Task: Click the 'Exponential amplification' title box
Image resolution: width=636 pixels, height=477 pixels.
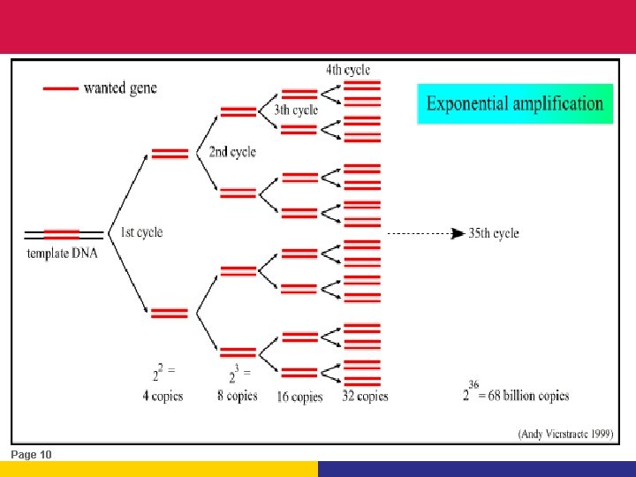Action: [x=514, y=103]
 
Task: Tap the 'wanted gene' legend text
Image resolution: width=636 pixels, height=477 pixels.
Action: [x=120, y=88]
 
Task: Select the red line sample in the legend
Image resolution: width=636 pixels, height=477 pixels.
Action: [x=60, y=88]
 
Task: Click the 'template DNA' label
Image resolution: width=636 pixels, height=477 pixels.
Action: [x=62, y=254]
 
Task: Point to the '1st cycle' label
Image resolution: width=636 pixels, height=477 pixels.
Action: [x=141, y=232]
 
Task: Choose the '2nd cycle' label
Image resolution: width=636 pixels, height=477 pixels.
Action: [x=232, y=152]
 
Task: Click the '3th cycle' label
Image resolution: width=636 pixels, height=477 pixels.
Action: [x=296, y=110]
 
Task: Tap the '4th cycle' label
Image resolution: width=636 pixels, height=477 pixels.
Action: [x=347, y=69]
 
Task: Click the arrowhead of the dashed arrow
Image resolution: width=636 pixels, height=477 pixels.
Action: [x=458, y=233]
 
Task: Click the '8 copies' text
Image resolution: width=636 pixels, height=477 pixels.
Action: [x=238, y=396]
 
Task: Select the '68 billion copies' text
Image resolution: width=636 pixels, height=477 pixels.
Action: [x=526, y=396]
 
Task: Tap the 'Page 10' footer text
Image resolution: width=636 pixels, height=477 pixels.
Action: [x=32, y=454]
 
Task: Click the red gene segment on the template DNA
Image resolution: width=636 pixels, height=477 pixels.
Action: [x=61, y=234]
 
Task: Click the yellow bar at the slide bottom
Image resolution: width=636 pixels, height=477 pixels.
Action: [x=159, y=469]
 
